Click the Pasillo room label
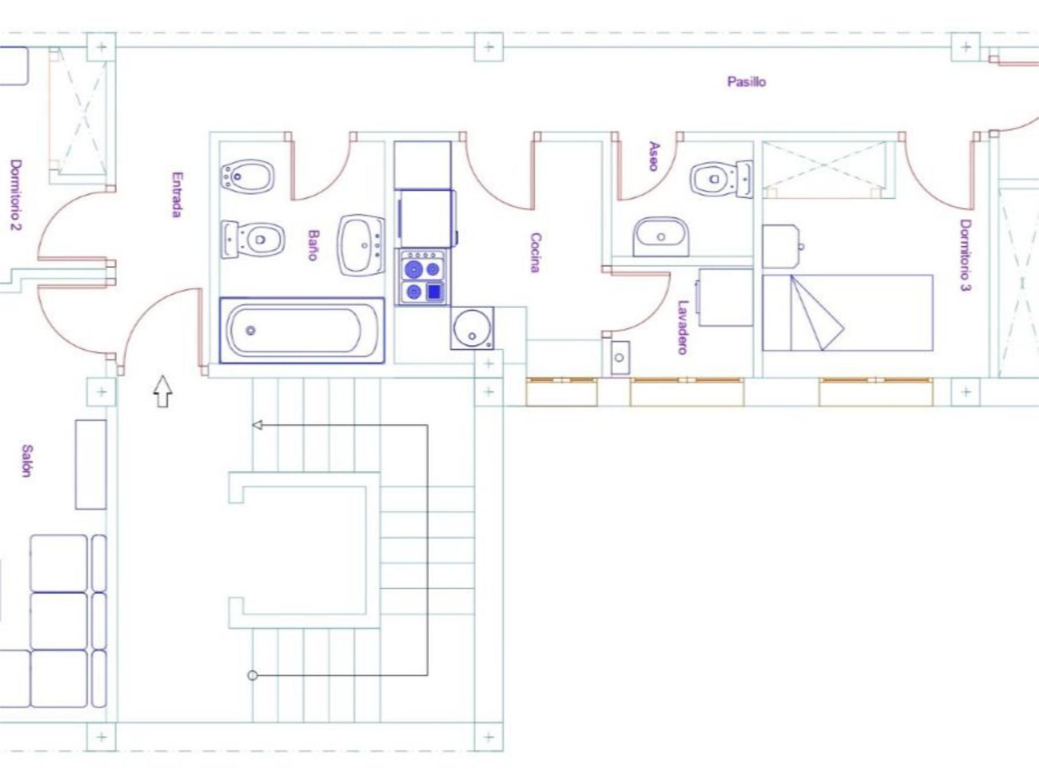(x=746, y=82)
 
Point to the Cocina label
(x=535, y=252)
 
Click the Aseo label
(x=654, y=156)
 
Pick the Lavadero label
(x=683, y=327)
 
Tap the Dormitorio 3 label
(x=965, y=255)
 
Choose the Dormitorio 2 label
(x=16, y=195)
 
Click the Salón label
(x=27, y=461)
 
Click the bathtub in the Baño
(x=301, y=330)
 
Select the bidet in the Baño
(x=247, y=176)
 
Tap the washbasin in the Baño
(x=361, y=246)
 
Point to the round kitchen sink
(x=472, y=327)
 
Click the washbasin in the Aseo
(x=661, y=237)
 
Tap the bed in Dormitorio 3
(x=847, y=313)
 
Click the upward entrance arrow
(x=163, y=391)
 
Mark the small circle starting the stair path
(x=253, y=675)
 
